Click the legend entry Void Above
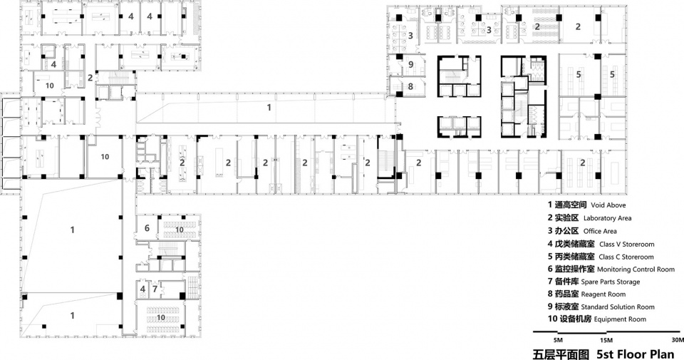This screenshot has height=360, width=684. [608, 205]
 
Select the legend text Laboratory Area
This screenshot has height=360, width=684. [607, 218]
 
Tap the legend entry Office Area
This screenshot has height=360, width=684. [600, 231]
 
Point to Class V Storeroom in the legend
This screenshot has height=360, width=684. [626, 245]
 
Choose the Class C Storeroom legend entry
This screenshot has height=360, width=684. [626, 257]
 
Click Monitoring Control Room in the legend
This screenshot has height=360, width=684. [636, 269]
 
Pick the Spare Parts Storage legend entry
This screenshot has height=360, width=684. [611, 282]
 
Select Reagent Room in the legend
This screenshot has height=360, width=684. [603, 294]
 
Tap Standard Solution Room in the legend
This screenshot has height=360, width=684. [618, 307]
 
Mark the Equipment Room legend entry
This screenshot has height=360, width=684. [620, 319]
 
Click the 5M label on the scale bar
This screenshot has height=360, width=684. [558, 340]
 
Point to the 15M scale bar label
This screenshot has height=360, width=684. [606, 340]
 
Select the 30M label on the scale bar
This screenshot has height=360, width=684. [678, 340]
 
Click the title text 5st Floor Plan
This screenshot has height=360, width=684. [635, 354]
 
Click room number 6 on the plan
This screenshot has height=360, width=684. [147, 228]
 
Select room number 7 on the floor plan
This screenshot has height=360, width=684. [155, 289]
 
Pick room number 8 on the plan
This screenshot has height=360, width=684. [410, 86]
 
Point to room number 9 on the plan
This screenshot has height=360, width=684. [410, 65]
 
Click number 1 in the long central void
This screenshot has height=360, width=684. [269, 107]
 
